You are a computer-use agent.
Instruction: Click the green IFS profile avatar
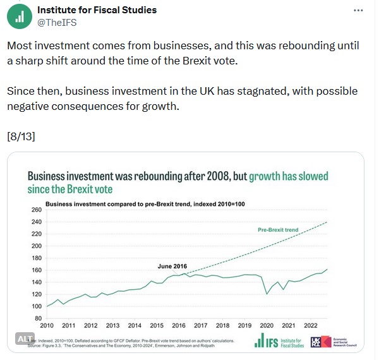[x=19, y=16]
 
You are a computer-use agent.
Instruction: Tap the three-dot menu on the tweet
[x=359, y=11]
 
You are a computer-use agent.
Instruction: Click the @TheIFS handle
[x=58, y=22]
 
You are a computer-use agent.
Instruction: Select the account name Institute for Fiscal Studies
[x=97, y=10]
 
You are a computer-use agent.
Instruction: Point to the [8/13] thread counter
[x=22, y=136]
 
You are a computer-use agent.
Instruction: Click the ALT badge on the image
[x=25, y=339]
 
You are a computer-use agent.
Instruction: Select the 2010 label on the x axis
[x=47, y=326]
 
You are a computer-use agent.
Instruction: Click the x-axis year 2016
[x=179, y=326]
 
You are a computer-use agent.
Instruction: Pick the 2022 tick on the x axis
[x=311, y=326]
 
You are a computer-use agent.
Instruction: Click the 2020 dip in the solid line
[x=267, y=294]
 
